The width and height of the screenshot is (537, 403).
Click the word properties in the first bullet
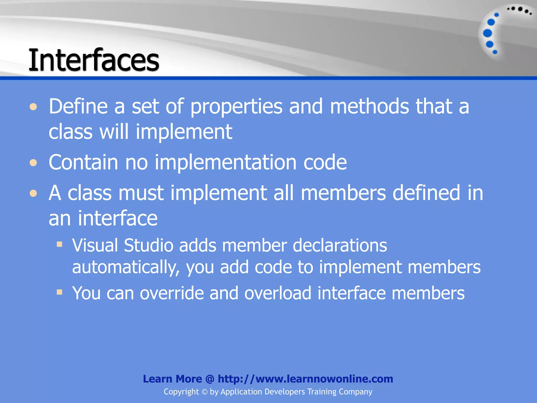point(236,107)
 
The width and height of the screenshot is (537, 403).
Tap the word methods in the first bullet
point(369,106)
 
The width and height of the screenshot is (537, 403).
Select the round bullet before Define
point(33,107)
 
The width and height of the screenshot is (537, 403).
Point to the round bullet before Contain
point(33,163)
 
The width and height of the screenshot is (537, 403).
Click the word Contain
point(83,162)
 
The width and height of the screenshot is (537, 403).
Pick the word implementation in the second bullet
point(225,163)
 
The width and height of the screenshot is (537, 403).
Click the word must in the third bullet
point(141,193)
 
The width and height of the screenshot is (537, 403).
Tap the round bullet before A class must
point(33,194)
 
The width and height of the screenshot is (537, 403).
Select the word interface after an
point(118,218)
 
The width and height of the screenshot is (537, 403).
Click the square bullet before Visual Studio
point(60,245)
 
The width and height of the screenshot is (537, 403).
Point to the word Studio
point(148,245)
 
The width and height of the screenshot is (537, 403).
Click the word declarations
point(340,245)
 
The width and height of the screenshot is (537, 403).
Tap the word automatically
point(126,267)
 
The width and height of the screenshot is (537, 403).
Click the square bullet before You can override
point(60,292)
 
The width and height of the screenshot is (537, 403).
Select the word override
point(172,293)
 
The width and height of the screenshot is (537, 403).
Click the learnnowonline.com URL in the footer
point(305,379)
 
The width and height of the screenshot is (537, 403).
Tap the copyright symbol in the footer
point(205,392)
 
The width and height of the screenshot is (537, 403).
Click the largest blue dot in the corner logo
point(487,33)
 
